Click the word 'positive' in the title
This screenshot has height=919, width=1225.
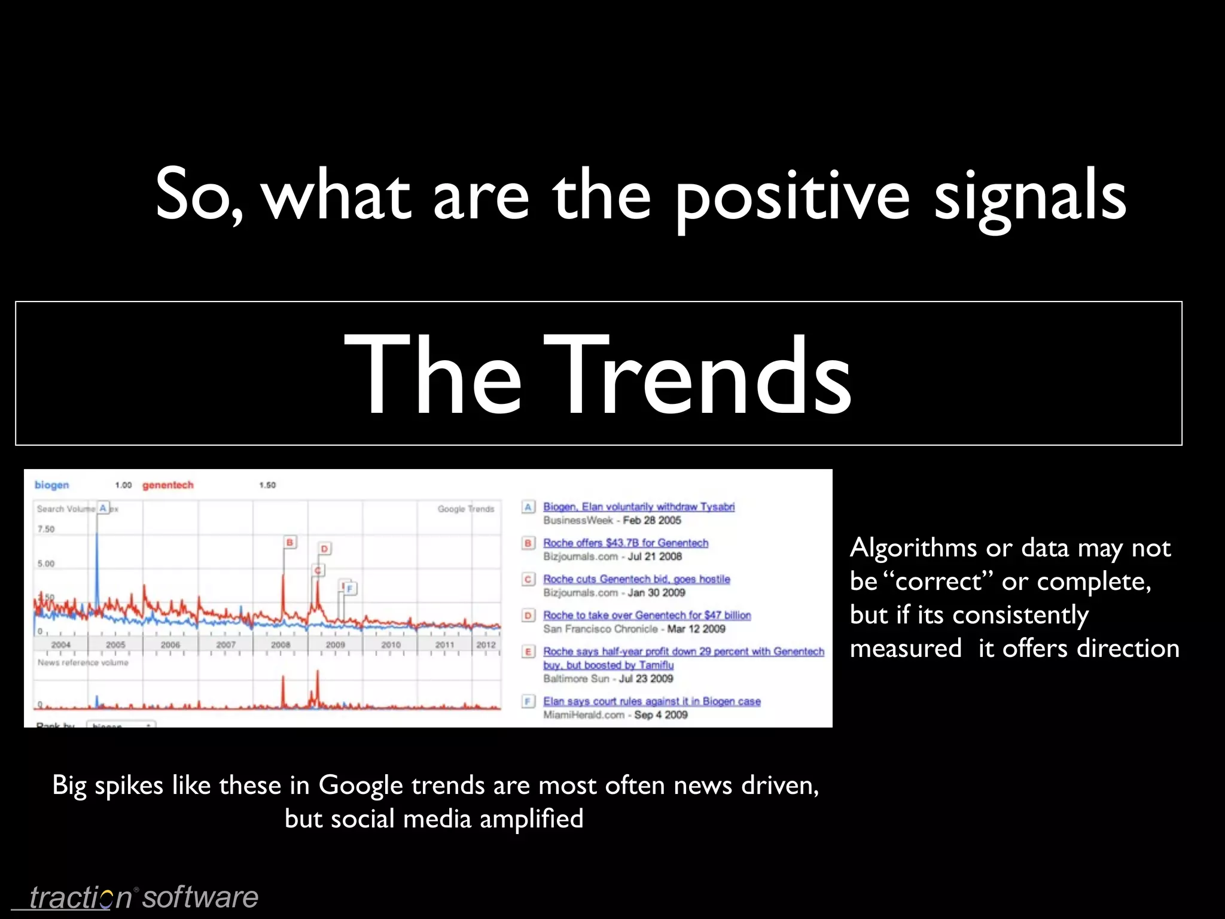click(793, 194)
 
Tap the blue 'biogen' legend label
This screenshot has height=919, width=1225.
click(51, 485)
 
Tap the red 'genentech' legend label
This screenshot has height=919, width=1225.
click(167, 485)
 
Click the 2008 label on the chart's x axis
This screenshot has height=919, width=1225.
click(281, 645)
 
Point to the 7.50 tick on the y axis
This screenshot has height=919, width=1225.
click(45, 529)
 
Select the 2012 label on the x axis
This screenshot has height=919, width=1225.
click(486, 645)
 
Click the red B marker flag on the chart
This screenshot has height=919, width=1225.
click(290, 542)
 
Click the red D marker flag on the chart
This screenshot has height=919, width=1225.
click(324, 549)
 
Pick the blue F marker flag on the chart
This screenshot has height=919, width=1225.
click(349, 589)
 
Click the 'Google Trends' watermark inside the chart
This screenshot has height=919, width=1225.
click(465, 509)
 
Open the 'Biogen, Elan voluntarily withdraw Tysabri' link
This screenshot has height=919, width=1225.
click(638, 507)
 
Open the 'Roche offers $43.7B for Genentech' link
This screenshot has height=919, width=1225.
click(625, 543)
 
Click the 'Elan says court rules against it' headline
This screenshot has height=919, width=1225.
click(651, 701)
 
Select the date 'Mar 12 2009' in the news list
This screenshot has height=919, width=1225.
click(696, 629)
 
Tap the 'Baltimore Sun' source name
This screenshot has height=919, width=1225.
click(577, 678)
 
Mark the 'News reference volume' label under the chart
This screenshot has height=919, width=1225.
click(83, 663)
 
